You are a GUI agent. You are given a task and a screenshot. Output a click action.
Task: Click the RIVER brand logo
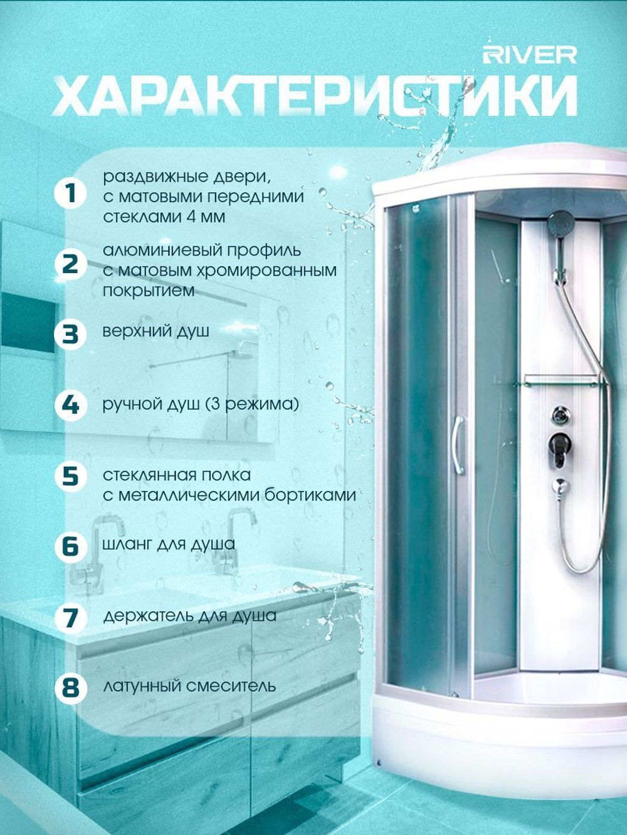[530, 55]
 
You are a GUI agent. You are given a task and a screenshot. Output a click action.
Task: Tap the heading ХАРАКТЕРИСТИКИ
[315, 96]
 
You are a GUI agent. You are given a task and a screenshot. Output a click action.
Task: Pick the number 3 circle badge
[70, 335]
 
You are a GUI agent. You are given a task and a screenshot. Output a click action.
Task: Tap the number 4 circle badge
[70, 405]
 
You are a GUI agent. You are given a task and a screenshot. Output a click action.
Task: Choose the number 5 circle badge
[70, 476]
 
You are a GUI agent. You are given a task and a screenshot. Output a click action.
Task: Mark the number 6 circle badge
[70, 547]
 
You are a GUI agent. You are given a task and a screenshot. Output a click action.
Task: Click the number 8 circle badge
[70, 688]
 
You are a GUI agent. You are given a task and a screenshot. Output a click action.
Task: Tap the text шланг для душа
[169, 544]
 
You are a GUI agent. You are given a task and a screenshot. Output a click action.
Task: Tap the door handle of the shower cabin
[460, 445]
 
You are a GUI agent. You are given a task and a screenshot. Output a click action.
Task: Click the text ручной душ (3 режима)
[201, 405]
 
